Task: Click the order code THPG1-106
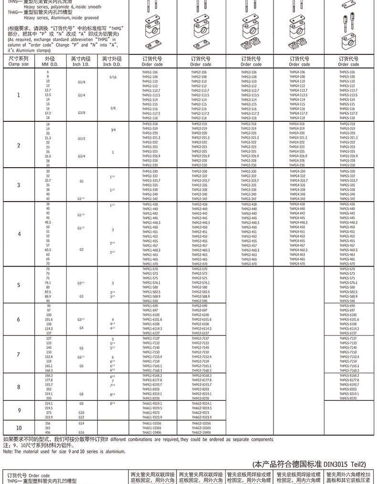coord(150,72)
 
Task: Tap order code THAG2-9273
coord(200,412)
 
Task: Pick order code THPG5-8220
coord(347,398)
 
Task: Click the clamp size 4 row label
coord(19,234)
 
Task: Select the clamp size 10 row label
coord(19,428)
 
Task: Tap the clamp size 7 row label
coord(19,354)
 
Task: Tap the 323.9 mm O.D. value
coord(48,417)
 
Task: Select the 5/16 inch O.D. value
coord(112,77)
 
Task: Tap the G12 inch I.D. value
coord(81,417)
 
